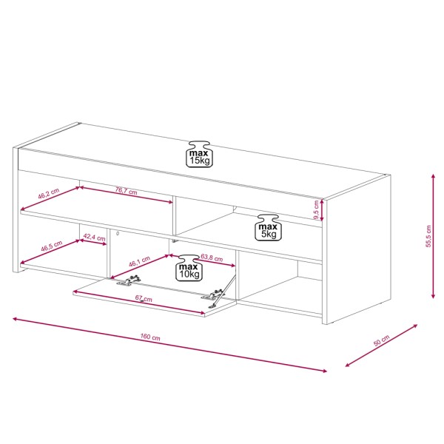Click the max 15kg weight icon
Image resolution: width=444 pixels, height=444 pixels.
(199, 155)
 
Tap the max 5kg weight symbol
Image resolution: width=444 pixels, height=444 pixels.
(268, 228)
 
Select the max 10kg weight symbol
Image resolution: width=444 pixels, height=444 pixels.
(189, 268)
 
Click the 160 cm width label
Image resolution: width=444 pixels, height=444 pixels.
(150, 337)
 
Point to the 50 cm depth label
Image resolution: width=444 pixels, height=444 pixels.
(381, 340)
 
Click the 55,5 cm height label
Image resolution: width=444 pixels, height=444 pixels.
(428, 236)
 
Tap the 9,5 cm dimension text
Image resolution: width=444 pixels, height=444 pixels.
(316, 210)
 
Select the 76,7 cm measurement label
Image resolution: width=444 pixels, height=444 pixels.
(126, 191)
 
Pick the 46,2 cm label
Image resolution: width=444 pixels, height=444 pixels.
(49, 193)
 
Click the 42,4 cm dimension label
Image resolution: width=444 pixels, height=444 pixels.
(94, 237)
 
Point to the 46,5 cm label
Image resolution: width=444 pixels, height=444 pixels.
(52, 246)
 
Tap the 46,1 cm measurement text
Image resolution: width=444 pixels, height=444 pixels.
(139, 261)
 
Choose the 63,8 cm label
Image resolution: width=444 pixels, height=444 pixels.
(212, 258)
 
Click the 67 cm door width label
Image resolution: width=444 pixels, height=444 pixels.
(144, 298)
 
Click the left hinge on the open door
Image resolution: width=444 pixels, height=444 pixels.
(129, 280)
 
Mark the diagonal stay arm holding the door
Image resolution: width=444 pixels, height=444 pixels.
(223, 291)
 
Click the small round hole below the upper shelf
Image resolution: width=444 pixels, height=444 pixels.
(118, 234)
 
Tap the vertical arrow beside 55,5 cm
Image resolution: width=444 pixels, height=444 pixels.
(433, 236)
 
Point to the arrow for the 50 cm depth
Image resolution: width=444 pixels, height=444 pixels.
(381, 346)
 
